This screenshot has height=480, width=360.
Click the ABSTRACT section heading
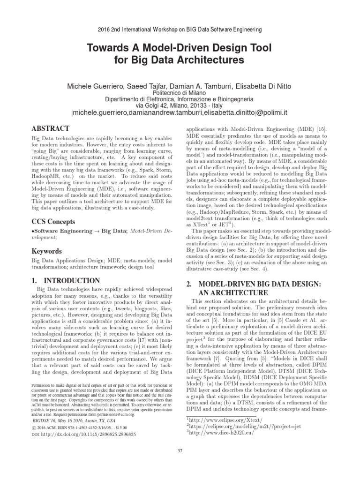pos(50,128)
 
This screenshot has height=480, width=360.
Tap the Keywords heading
pos(46,251)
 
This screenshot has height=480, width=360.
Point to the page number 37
pos(180,451)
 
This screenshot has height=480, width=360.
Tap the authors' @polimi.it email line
pos(180,113)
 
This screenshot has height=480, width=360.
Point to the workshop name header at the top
pos(180,29)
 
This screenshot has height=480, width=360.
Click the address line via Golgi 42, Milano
pos(180,106)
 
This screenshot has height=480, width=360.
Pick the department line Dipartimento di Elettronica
pos(180,99)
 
